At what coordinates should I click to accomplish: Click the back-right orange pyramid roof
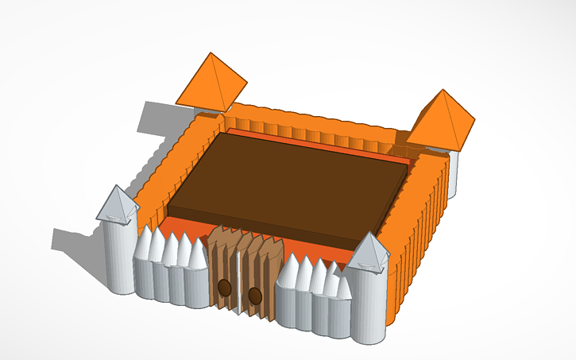pyautogui.click(x=445, y=119)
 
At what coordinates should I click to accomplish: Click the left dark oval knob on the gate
pyautogui.click(x=225, y=287)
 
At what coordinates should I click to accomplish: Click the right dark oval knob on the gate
pyautogui.click(x=255, y=296)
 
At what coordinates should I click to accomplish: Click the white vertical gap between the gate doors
pyautogui.click(x=239, y=282)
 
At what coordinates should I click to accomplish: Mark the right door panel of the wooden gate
pyautogui.click(x=258, y=278)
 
